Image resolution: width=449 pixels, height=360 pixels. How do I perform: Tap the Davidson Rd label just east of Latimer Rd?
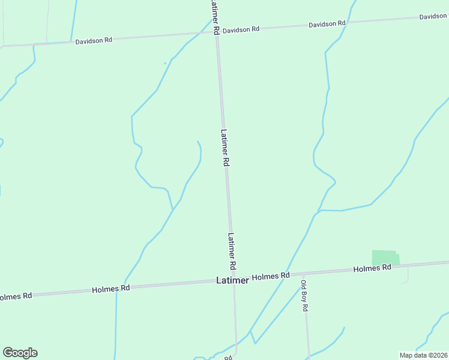click(x=241, y=29)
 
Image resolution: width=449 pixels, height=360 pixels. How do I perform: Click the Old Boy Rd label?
click(x=304, y=295)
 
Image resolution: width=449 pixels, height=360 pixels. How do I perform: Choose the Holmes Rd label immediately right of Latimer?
click(x=271, y=276)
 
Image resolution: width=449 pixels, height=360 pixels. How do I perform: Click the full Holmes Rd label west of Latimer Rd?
click(x=111, y=289)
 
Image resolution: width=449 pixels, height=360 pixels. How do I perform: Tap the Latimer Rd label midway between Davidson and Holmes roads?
click(x=224, y=148)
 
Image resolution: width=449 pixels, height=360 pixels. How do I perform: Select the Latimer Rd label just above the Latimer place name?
click(x=231, y=251)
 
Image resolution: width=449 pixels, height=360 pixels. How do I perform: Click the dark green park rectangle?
click(x=385, y=258)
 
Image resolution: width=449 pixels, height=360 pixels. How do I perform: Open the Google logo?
click(x=20, y=353)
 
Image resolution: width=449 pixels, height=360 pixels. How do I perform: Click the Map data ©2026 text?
click(x=423, y=355)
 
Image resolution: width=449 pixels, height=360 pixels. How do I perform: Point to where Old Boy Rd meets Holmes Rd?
click(x=304, y=273)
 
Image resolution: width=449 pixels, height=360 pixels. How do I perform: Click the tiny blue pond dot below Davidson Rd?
click(x=165, y=63)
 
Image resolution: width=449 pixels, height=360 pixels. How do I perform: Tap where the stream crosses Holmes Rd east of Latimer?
click(x=288, y=274)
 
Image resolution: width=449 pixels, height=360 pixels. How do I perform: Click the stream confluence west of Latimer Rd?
click(x=173, y=209)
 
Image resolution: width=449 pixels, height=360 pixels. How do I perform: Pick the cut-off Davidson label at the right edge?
click(x=433, y=16)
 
